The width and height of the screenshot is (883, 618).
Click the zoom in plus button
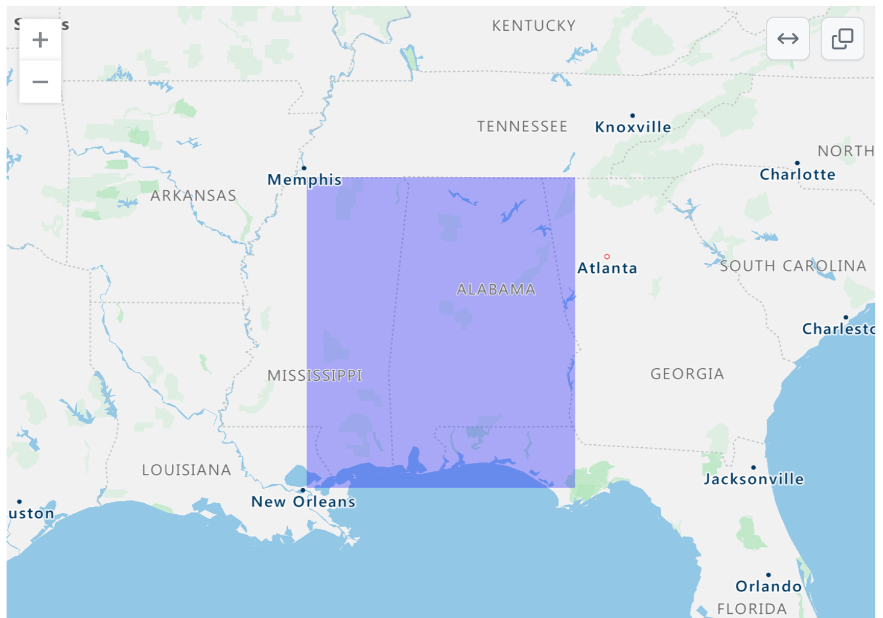click(40, 40)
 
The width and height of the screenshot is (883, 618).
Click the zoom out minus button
click(40, 81)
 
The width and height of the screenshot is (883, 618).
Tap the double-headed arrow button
click(788, 39)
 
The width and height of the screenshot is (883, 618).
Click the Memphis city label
click(305, 179)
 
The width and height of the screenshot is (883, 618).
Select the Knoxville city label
click(633, 127)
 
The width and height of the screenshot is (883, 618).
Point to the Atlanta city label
click(607, 268)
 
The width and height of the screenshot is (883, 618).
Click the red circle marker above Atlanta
click(607, 256)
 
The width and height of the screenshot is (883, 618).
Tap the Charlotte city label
click(797, 174)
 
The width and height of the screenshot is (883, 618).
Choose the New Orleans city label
click(303, 502)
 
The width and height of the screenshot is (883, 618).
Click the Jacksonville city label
click(754, 479)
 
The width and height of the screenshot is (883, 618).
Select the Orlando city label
click(768, 586)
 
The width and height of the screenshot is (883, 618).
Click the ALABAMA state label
click(496, 290)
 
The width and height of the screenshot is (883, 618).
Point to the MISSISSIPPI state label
click(315, 375)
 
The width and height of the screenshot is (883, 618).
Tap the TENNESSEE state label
click(522, 126)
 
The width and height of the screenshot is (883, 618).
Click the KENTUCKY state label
click(534, 26)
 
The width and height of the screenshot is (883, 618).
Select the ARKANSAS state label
click(193, 196)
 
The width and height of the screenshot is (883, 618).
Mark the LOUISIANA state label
click(186, 470)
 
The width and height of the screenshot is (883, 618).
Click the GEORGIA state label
click(687, 374)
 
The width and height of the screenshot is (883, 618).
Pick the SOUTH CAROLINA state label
click(793, 266)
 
